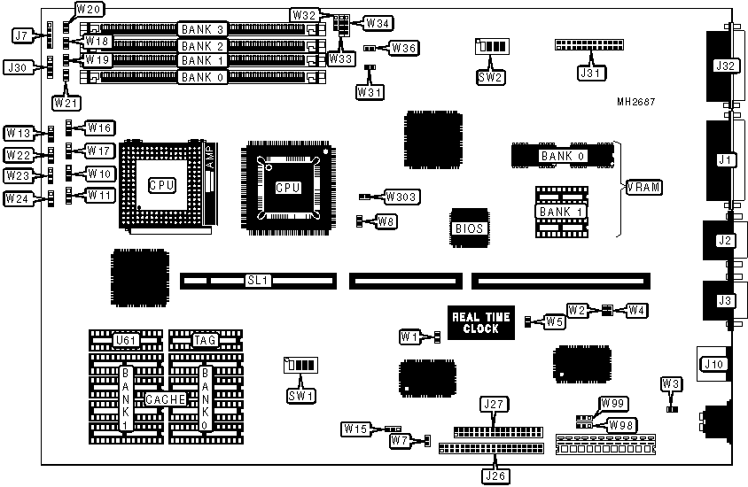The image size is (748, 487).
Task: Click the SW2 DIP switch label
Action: pos(490,76)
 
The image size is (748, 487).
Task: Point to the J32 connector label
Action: pos(726,66)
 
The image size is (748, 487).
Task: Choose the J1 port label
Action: pos(726,159)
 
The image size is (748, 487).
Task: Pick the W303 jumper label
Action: pos(402,196)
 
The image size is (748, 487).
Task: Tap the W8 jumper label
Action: pos(386,221)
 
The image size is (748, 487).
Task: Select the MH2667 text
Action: pos(636,102)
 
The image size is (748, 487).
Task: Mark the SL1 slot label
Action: pos(258,281)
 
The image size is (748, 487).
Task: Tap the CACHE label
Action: pos(166,399)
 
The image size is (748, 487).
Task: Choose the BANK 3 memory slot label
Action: pos(201,30)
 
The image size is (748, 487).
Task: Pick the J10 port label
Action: pos(712,364)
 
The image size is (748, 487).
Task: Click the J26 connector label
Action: pos(494,475)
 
